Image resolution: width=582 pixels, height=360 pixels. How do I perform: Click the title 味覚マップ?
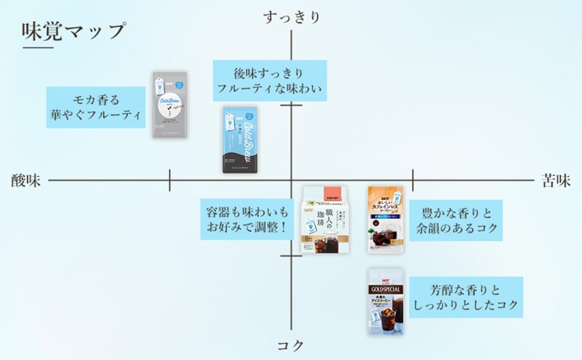tap(74, 32)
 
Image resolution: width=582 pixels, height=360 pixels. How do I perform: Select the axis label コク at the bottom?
tap(291, 345)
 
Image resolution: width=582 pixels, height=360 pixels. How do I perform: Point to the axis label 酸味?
tap(26, 181)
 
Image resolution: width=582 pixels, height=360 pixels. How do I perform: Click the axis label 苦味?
tap(556, 181)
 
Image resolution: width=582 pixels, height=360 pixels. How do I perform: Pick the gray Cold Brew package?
tap(171, 105)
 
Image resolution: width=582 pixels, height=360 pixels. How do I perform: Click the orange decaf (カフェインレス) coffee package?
tap(385, 220)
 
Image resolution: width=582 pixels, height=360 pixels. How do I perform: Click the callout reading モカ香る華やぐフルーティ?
tap(96, 108)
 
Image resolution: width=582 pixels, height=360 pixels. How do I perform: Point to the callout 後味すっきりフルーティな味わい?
tap(268, 80)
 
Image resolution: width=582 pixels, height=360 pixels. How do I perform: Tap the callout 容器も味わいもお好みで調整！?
tap(247, 220)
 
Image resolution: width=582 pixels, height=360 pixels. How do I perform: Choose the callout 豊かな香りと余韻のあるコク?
tap(456, 220)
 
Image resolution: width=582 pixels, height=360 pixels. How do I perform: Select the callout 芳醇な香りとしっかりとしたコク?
tap(465, 297)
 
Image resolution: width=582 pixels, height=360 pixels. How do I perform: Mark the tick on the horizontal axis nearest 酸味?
tap(170, 180)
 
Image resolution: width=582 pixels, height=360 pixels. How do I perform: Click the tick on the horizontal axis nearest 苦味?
tap(413, 180)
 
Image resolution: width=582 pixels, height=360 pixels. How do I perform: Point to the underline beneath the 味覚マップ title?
tap(38, 48)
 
